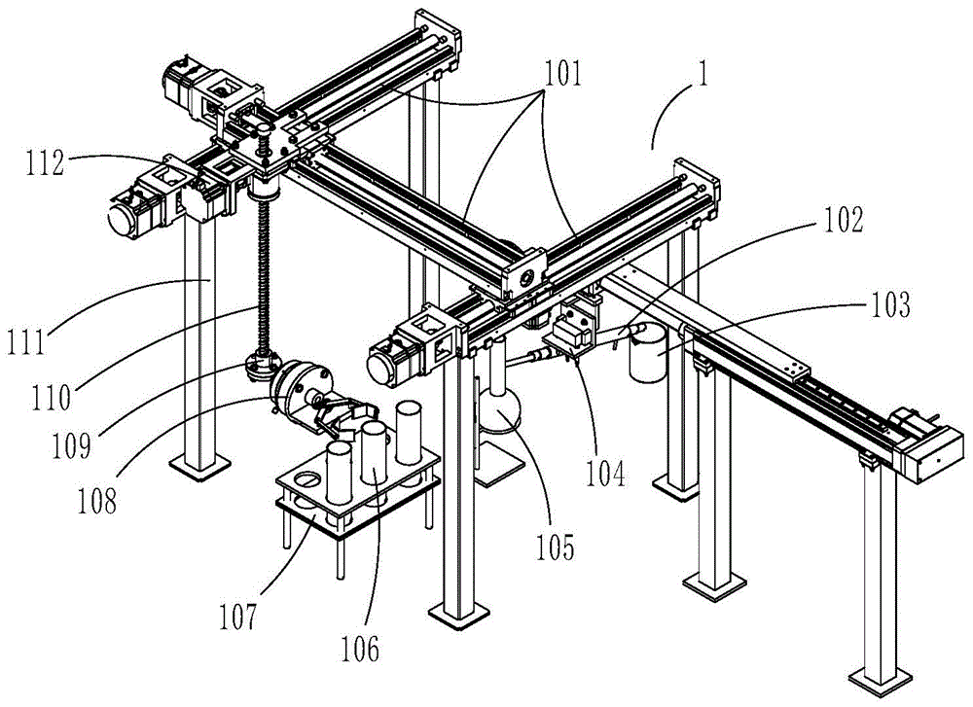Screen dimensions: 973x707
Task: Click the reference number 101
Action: (562, 74)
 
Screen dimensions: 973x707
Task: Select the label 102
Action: (843, 220)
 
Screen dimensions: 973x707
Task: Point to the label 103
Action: (890, 304)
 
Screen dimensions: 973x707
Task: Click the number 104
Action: (606, 474)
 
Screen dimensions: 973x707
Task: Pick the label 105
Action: (556, 547)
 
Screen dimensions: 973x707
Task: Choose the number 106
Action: (361, 649)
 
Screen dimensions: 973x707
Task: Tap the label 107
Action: (237, 618)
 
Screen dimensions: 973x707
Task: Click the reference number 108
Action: (97, 501)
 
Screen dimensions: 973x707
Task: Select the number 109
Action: (71, 444)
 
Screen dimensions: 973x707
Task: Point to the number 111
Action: (26, 341)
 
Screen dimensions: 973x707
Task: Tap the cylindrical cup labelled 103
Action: (647, 355)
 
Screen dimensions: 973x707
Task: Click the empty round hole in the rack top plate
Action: (306, 478)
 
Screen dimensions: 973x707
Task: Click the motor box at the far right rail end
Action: (932, 454)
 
